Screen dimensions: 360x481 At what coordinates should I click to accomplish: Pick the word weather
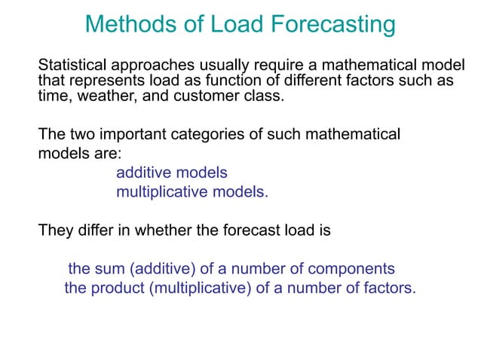[96, 96]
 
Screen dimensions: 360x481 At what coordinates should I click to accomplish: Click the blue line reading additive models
[171, 172]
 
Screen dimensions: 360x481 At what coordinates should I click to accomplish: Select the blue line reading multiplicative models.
[191, 191]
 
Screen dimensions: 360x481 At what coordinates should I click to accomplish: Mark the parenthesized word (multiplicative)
[198, 288]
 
